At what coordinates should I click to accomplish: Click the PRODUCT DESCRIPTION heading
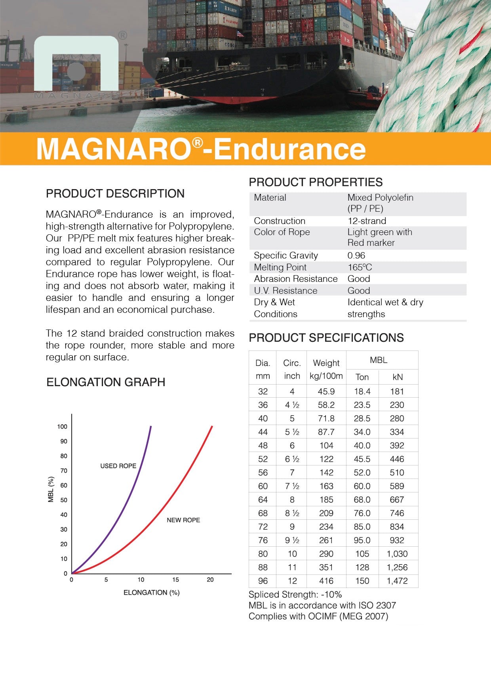click(x=115, y=193)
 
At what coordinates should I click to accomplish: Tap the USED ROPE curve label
click(x=118, y=466)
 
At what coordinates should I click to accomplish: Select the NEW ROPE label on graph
click(x=183, y=520)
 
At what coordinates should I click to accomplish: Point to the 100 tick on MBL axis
click(x=62, y=427)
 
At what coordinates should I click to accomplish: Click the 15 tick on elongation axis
click(x=175, y=580)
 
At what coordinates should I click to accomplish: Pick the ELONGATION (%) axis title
click(x=151, y=592)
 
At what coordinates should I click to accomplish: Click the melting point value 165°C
click(x=360, y=267)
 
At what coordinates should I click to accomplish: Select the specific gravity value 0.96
click(x=356, y=255)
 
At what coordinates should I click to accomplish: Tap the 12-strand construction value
click(x=367, y=221)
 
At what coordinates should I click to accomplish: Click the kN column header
click(x=398, y=377)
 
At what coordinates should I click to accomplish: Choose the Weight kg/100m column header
click(x=326, y=369)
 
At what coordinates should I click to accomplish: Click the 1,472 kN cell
click(x=397, y=581)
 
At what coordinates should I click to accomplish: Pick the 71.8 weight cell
click(x=326, y=418)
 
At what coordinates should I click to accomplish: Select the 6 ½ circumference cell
click(x=292, y=459)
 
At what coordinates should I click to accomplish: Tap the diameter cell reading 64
click(x=263, y=500)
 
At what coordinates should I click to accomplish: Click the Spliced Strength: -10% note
click(x=295, y=594)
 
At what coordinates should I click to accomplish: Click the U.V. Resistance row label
click(x=285, y=291)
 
